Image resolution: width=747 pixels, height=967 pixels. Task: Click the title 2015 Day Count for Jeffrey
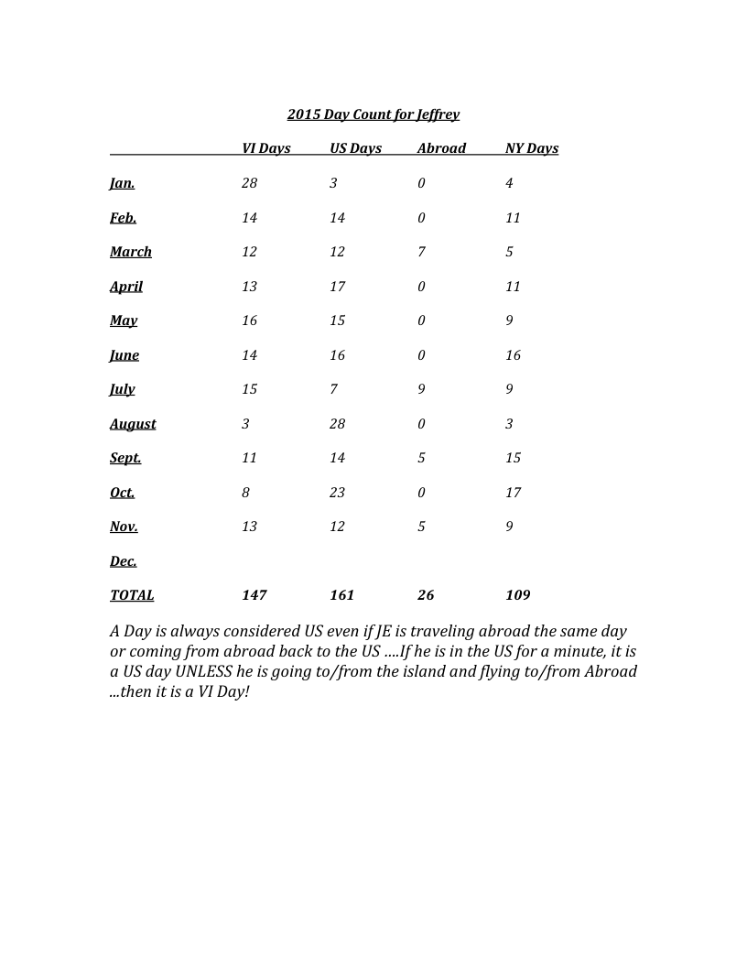(x=373, y=114)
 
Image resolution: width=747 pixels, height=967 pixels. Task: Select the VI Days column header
(x=266, y=148)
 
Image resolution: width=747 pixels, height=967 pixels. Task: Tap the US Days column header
(x=356, y=148)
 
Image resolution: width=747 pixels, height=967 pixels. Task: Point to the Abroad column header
(x=441, y=148)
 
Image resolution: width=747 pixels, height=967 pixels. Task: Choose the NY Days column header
(x=532, y=148)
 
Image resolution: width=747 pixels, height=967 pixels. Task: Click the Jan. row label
(x=123, y=183)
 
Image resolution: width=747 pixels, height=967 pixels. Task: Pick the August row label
(x=133, y=424)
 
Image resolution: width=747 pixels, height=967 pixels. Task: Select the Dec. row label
(x=124, y=561)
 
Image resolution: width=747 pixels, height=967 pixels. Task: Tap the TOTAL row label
(x=132, y=595)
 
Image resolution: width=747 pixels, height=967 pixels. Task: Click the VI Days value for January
(x=250, y=183)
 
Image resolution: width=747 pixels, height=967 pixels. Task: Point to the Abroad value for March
(x=421, y=252)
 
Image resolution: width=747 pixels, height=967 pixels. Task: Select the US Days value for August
(x=338, y=424)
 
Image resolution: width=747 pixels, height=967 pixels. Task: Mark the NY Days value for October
(x=513, y=493)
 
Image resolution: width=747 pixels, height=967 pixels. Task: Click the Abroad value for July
(x=421, y=389)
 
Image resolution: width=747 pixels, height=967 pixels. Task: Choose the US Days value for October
(x=338, y=493)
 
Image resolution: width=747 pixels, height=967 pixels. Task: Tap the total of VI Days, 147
(x=254, y=595)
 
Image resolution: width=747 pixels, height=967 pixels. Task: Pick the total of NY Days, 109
(x=518, y=595)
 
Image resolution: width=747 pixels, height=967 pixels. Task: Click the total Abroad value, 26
(x=426, y=595)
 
